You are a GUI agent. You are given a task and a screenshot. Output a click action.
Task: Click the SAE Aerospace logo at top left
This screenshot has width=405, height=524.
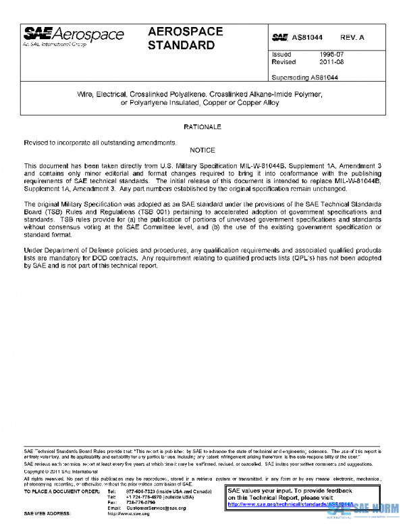click(74, 36)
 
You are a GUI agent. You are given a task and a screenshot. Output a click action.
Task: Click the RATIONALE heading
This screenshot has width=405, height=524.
click(202, 127)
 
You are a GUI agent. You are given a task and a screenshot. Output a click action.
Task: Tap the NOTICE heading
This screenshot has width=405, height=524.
click(202, 149)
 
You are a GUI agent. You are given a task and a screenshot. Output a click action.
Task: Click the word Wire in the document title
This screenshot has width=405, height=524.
click(86, 94)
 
